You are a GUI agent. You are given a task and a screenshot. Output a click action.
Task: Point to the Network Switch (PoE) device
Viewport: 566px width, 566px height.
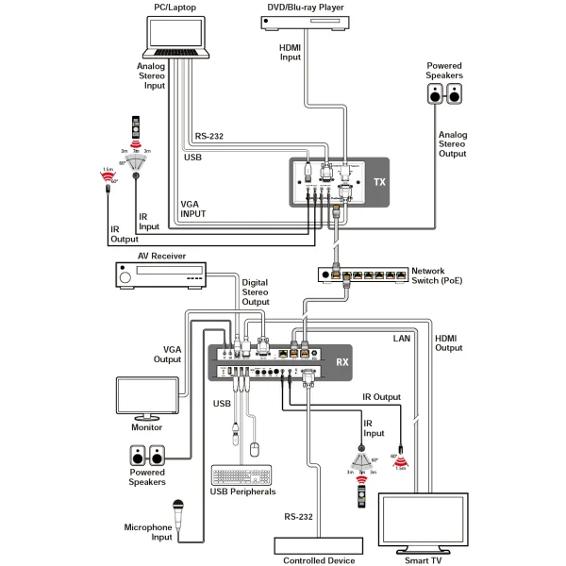(x=364, y=275)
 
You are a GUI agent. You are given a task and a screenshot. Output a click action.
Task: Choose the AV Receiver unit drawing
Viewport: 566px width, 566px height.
(x=157, y=276)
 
